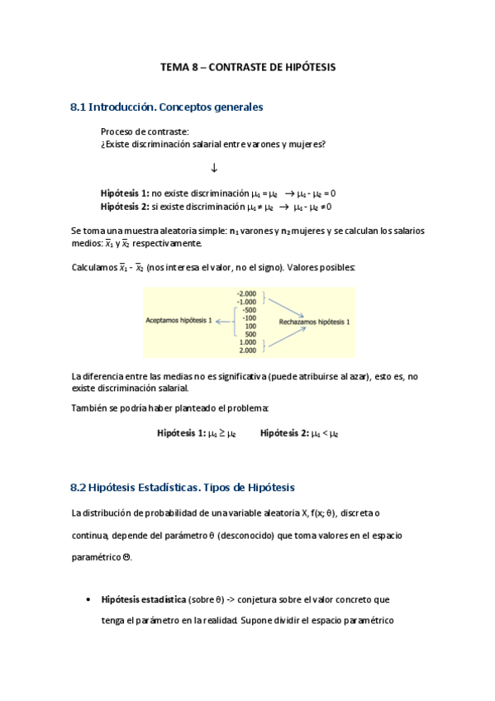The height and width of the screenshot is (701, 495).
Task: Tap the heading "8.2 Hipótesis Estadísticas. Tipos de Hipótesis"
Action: click(x=183, y=488)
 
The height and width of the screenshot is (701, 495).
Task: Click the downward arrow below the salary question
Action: click(x=214, y=169)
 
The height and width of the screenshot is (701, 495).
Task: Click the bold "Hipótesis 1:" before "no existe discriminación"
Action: click(x=125, y=193)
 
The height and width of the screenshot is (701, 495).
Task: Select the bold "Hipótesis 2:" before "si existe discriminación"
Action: click(x=125, y=207)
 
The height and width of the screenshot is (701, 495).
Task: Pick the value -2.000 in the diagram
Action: click(x=247, y=294)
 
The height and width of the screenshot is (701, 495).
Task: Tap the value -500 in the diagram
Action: click(x=249, y=311)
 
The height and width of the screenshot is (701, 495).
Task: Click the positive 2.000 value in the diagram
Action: click(x=248, y=350)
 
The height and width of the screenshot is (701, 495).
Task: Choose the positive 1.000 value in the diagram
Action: click(x=248, y=342)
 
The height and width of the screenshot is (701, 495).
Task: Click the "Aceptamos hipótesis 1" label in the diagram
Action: click(x=178, y=319)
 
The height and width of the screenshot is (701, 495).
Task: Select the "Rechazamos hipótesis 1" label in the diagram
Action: click(x=313, y=322)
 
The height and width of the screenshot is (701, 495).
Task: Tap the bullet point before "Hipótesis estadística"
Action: click(x=88, y=599)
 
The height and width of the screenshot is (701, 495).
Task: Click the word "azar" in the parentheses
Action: click(x=355, y=376)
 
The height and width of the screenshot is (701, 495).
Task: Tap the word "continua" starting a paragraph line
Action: click(x=91, y=535)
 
